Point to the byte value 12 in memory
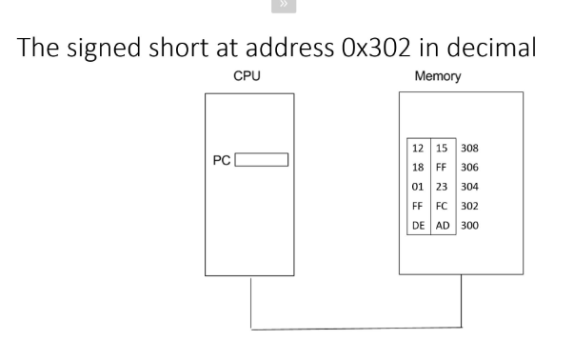[417, 149]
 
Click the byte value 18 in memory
[417, 166]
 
